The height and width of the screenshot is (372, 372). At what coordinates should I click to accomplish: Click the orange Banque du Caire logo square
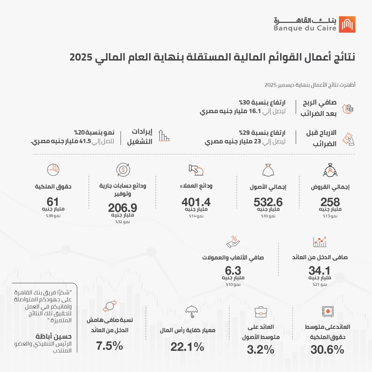(347, 24)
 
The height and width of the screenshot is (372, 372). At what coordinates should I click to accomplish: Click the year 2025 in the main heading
(81, 57)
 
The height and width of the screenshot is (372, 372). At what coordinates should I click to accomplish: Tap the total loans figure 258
(330, 202)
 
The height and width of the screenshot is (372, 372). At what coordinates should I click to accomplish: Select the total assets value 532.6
(268, 202)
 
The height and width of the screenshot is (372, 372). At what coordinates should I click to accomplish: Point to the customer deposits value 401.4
(196, 202)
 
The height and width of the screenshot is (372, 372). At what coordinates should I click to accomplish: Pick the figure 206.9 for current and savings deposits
(122, 207)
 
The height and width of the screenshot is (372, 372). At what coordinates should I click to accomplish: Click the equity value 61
(53, 201)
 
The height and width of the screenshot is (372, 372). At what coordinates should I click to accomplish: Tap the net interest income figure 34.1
(320, 270)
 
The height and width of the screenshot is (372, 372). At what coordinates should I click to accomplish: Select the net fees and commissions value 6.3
(233, 270)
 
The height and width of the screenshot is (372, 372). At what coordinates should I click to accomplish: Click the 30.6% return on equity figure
(327, 350)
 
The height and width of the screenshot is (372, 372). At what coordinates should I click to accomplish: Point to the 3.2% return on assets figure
(261, 350)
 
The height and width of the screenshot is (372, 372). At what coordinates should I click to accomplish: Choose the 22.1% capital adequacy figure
(187, 347)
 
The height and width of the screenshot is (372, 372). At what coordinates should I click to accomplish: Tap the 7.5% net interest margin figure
(109, 346)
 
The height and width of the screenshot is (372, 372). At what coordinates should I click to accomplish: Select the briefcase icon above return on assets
(261, 312)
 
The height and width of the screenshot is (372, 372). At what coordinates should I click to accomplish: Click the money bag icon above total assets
(268, 170)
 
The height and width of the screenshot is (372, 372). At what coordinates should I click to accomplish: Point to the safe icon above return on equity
(327, 311)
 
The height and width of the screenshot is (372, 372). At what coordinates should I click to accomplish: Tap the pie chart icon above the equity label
(53, 170)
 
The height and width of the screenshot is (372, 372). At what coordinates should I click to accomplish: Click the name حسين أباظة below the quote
(53, 336)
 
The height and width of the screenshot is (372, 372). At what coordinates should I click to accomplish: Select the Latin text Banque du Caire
(305, 29)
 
